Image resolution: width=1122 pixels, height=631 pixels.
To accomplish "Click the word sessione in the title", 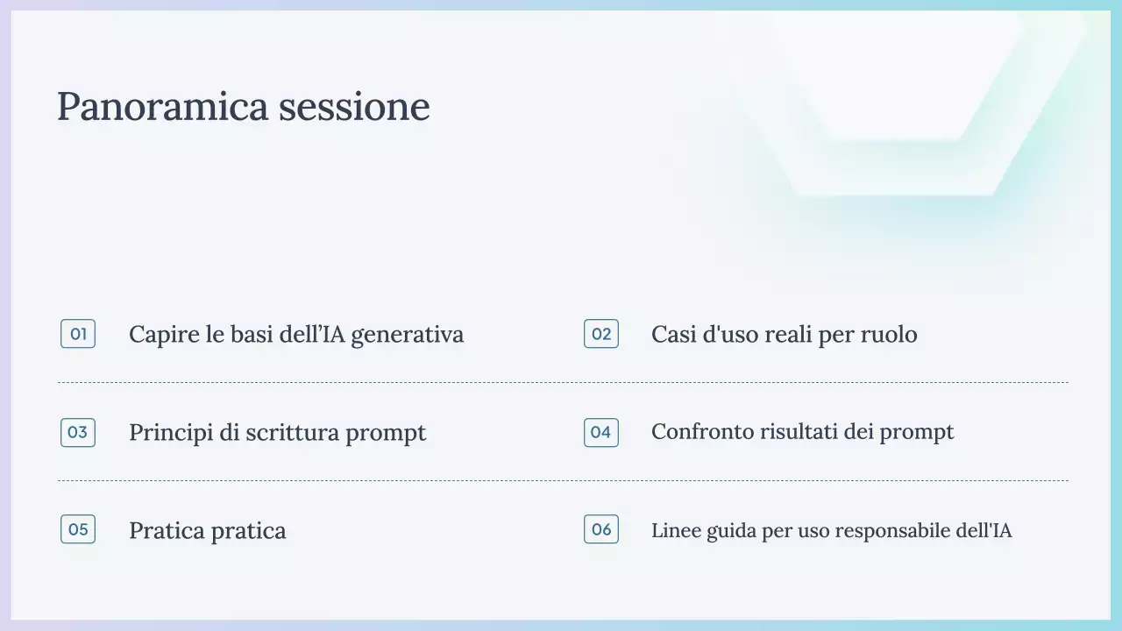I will pyautogui.click(x=354, y=107).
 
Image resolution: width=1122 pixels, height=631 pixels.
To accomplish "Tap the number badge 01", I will pyautogui.click(x=78, y=334).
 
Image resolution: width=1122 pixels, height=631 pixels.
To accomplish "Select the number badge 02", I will pyautogui.click(x=601, y=334).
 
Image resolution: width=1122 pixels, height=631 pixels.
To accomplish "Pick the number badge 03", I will pyautogui.click(x=78, y=432).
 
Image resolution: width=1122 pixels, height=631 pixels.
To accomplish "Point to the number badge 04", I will pyautogui.click(x=601, y=432).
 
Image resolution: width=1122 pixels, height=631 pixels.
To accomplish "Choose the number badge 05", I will pyautogui.click(x=78, y=529).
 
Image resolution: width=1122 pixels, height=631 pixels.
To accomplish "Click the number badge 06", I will pyautogui.click(x=601, y=529).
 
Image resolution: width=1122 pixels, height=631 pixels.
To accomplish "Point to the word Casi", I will pyautogui.click(x=672, y=335).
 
